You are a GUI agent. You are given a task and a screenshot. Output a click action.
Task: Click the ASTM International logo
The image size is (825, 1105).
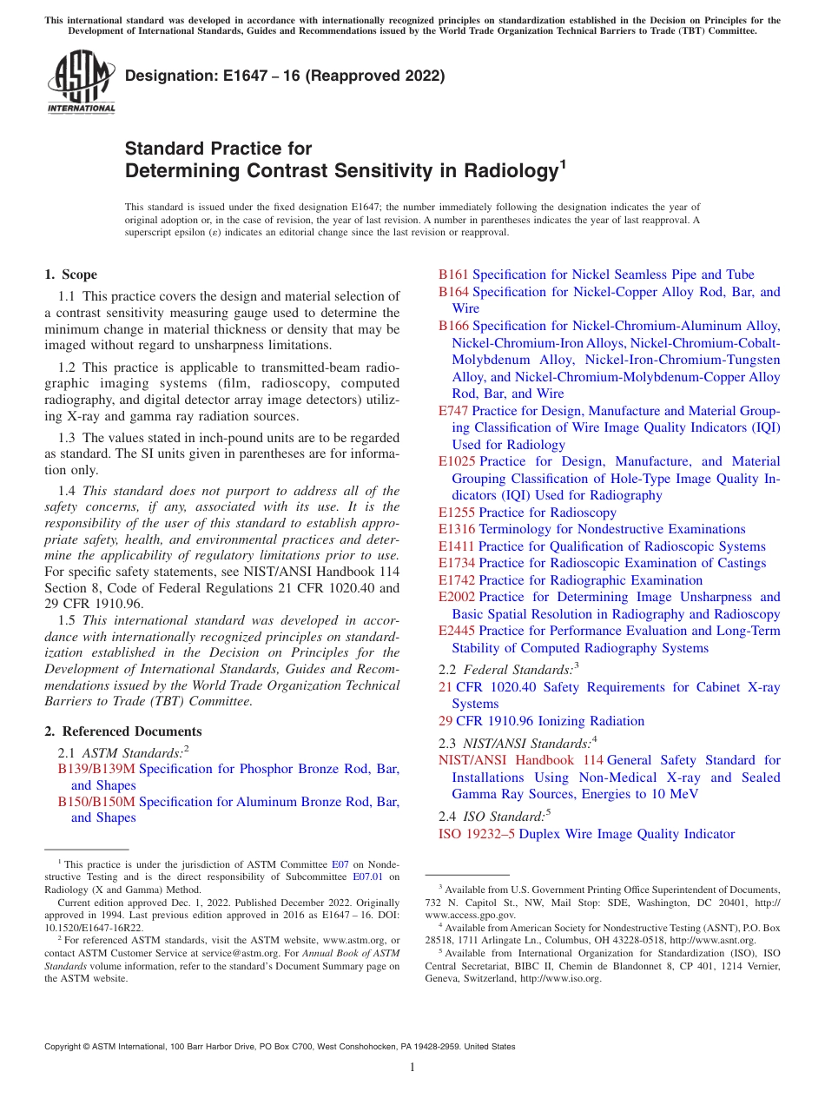[81, 83]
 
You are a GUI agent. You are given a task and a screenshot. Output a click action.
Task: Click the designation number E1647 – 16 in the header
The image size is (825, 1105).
[285, 76]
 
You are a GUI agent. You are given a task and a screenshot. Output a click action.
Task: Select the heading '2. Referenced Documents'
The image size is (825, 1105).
[122, 731]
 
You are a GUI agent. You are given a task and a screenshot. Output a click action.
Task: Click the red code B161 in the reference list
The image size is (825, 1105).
[453, 275]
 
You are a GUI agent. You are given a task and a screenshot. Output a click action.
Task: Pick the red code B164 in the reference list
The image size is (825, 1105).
[453, 292]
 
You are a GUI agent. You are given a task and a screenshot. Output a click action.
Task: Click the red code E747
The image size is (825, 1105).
[453, 411]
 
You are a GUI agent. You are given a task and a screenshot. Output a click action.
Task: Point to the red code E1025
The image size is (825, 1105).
[457, 461]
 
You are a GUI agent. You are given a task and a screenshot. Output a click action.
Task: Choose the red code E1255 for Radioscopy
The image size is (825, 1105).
[457, 513]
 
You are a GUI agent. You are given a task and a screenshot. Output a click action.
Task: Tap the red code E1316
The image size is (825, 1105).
[457, 529]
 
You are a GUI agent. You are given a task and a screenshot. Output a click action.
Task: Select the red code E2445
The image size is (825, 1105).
[457, 631]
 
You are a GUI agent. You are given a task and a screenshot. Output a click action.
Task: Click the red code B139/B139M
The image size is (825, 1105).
[96, 769]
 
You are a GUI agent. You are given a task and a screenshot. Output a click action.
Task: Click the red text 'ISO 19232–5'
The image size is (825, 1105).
[477, 834]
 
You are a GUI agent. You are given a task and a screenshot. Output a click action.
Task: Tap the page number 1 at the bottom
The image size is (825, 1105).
[412, 1069]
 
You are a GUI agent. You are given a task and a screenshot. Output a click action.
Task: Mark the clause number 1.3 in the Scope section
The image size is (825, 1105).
[68, 437]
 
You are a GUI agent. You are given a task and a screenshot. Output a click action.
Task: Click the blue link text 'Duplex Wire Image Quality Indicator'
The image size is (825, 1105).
[626, 834]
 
